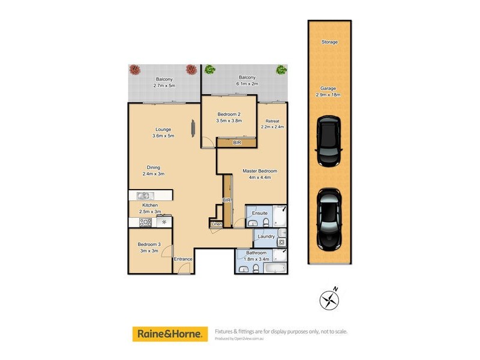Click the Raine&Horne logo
pyautogui.click(x=170, y=333)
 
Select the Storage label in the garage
pyautogui.click(x=329, y=43)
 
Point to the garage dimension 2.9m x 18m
pyautogui.click(x=329, y=95)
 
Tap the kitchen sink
pyautogui.click(x=144, y=195)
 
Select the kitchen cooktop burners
pyautogui.click(x=145, y=222)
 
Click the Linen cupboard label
pyautogui.click(x=217, y=224)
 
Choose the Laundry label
pyautogui.click(x=266, y=236)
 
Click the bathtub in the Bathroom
pyautogui.click(x=276, y=268)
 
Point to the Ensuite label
pyautogui.click(x=260, y=213)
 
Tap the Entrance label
pyautogui.click(x=183, y=259)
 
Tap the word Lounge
pyautogui.click(x=163, y=129)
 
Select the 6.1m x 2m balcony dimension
pyautogui.click(x=247, y=85)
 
